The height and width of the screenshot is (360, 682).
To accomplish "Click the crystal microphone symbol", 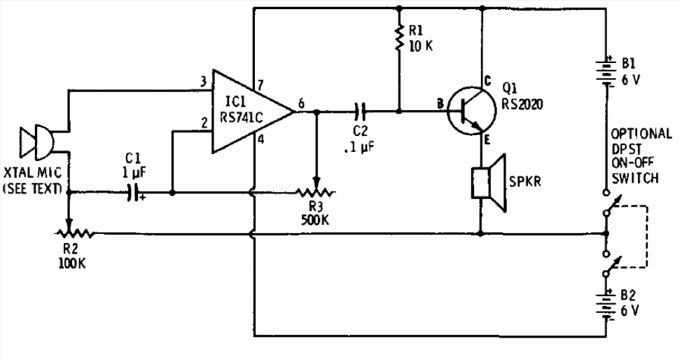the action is pos(36,142).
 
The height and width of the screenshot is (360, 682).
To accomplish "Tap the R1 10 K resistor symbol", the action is pos(399,38).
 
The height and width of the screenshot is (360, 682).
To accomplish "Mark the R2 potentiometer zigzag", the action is pos(74,234).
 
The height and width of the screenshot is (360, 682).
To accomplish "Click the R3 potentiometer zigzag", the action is pos(316,192).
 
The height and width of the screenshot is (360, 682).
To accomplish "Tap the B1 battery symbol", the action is pos(606,71).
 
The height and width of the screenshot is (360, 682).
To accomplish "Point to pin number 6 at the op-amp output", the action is pos(301,104).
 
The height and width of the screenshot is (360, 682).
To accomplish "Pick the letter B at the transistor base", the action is pos(440,104).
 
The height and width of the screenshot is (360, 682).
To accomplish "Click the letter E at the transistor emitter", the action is pos(487,140).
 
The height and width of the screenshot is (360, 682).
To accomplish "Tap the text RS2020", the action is pos(522,104).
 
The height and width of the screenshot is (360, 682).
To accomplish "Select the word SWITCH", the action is pos(635,178).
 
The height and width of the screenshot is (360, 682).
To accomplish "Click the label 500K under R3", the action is pos(315,220).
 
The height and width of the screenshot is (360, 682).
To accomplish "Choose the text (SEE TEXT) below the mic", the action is pos(32,189).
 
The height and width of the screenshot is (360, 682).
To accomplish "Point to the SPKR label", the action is pos(525,181).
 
